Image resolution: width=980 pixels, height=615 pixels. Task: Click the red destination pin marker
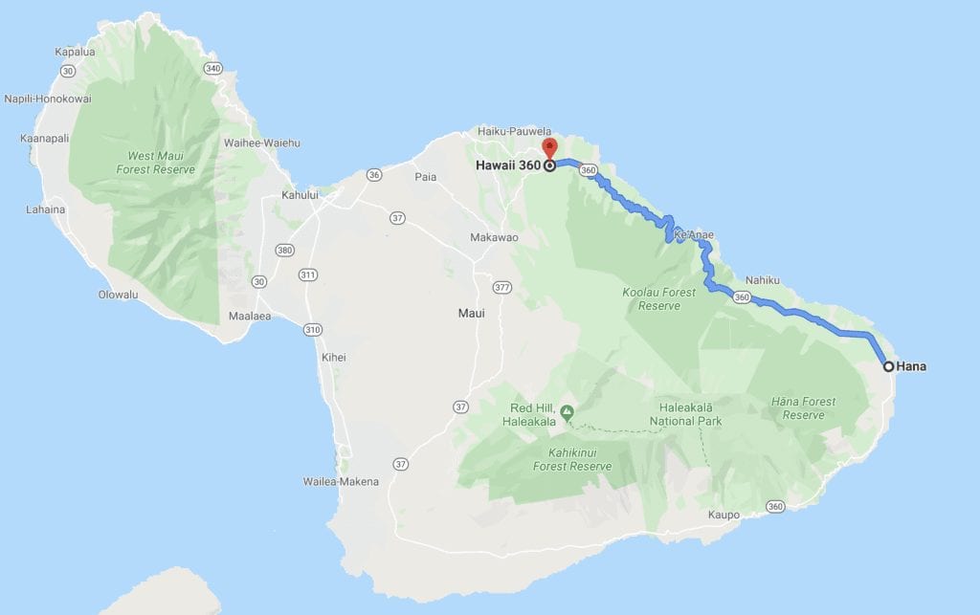(x=548, y=148)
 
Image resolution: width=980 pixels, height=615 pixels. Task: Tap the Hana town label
(x=912, y=366)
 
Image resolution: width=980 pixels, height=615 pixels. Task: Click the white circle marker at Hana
(x=888, y=366)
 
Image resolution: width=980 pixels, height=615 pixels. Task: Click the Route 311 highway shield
(x=308, y=275)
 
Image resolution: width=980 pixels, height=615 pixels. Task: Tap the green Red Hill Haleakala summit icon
(x=567, y=412)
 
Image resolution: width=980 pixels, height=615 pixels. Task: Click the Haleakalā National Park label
(x=685, y=414)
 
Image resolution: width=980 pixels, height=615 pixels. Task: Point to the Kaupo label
(x=724, y=516)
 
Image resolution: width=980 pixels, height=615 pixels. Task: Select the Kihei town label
(x=333, y=358)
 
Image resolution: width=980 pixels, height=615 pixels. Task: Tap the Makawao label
(x=494, y=237)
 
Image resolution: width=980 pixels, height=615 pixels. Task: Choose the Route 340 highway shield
(x=212, y=68)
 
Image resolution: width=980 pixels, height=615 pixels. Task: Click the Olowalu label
(x=118, y=295)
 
